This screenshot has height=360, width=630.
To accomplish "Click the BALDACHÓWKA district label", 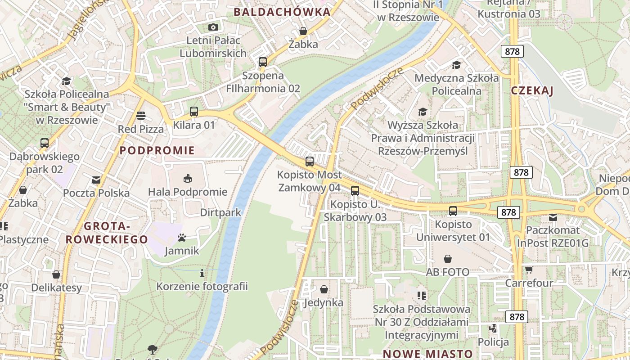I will [x=282, y=12].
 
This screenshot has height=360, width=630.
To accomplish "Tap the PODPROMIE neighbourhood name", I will [x=157, y=150].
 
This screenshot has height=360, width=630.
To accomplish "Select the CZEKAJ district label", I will [x=532, y=91].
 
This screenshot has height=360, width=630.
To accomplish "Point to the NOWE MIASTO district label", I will [x=427, y=354].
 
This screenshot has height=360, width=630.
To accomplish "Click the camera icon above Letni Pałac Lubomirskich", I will [x=213, y=27].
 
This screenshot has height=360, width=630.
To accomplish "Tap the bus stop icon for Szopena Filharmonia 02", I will [x=263, y=62].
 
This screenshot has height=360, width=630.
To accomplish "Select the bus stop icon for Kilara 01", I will [x=194, y=112].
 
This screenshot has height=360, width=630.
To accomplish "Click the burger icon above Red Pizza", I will [x=140, y=116].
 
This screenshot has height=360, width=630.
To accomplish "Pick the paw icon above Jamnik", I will [x=182, y=238].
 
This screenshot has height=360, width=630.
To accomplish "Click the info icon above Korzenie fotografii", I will [x=202, y=273].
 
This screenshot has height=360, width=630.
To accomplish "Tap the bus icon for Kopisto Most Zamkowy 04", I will [x=309, y=162].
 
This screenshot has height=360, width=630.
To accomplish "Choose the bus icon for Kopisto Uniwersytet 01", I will [x=453, y=211].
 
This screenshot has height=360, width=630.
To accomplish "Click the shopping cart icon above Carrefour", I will [x=529, y=270].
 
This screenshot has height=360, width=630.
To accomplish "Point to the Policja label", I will [x=493, y=342].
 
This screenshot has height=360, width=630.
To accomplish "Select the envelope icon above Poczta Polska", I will [x=96, y=180].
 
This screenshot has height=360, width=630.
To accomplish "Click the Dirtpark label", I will [x=220, y=212].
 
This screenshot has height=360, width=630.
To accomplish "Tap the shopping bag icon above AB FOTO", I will [x=447, y=259].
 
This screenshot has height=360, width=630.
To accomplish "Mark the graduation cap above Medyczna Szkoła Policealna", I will [x=457, y=65].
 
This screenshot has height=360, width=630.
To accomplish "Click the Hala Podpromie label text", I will [x=188, y=192].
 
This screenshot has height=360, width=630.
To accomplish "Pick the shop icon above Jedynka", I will [x=324, y=289].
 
